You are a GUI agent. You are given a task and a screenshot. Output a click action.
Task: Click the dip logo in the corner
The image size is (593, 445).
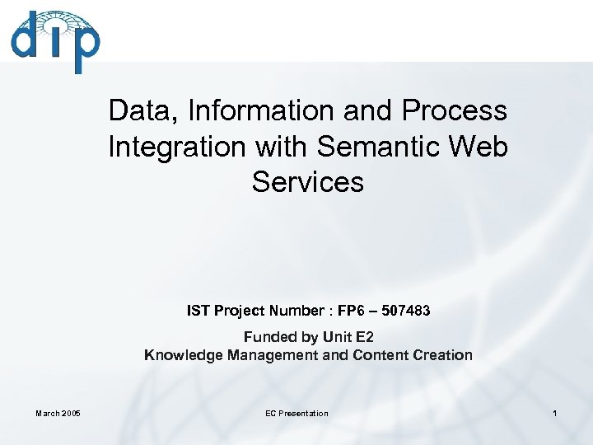pyautogui.click(x=55, y=41)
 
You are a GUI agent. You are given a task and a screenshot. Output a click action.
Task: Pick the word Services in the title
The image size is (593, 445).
pyautogui.click(x=308, y=182)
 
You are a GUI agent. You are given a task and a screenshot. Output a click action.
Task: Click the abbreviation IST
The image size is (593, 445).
pyautogui.click(x=198, y=311)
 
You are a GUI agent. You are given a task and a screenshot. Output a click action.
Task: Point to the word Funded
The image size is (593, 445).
pyautogui.click(x=270, y=337)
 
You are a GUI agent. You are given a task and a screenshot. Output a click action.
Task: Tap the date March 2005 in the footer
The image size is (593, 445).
pyautogui.click(x=58, y=413)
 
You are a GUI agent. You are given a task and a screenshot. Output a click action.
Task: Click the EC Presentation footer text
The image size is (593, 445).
pyautogui.click(x=296, y=413)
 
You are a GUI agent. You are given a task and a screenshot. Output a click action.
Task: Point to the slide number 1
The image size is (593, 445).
pyautogui.click(x=555, y=413)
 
